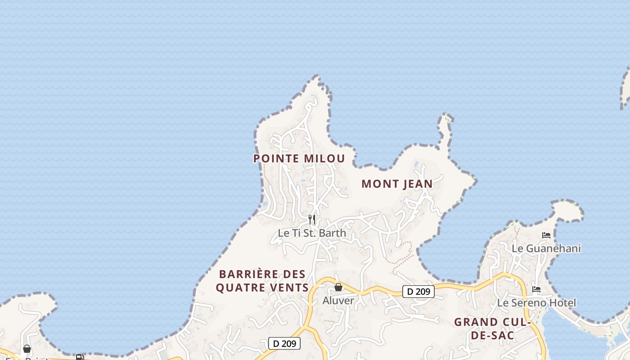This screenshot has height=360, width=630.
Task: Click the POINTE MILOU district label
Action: tap(299, 158)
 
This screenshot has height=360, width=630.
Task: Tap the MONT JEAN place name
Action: tap(397, 184)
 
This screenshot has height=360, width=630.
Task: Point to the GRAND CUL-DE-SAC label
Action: tap(492, 328)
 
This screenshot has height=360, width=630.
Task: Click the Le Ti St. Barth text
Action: tap(312, 233)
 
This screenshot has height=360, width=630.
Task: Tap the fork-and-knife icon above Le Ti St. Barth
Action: tap(311, 220)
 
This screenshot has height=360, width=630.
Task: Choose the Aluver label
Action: tap(338, 301)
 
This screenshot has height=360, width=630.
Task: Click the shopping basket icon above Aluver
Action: tap(338, 287)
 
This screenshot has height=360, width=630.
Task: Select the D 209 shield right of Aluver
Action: tap(418, 292)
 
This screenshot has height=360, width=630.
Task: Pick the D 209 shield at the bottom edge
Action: tap(284, 344)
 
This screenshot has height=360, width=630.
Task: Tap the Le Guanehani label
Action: tap(546, 248)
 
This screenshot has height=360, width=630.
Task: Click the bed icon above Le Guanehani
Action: tap(546, 235)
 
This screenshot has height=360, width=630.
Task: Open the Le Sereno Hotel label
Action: tap(536, 303)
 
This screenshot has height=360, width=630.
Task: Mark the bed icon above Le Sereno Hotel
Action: tap(536, 289)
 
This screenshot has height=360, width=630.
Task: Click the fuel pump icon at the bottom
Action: tap(80, 357)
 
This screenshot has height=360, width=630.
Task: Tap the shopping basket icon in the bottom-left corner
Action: tap(27, 349)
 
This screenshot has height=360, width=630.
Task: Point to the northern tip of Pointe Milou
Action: tap(318, 79)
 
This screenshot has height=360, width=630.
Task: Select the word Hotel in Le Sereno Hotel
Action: tap(562, 303)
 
